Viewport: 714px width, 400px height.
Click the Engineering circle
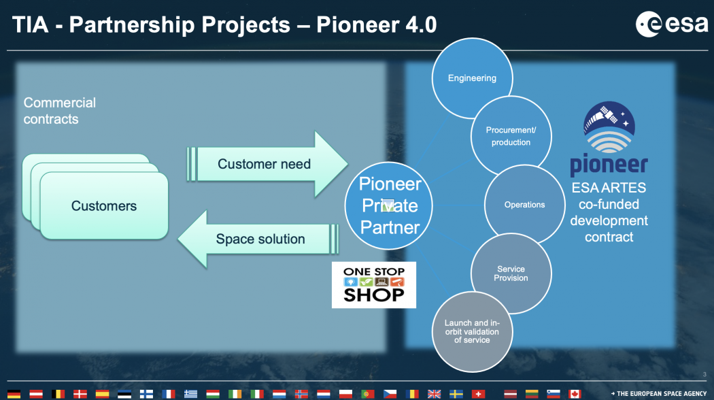pyautogui.click(x=472, y=78)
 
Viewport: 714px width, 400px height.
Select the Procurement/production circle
pyautogui.click(x=511, y=136)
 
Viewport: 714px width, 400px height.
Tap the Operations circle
pyautogui.click(x=524, y=205)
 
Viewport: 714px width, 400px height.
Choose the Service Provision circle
pyautogui.click(x=511, y=273)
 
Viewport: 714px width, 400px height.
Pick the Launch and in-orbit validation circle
pyautogui.click(x=472, y=332)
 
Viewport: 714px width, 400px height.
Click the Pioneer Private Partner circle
pyautogui.click(x=388, y=205)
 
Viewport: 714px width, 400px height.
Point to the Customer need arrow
pyautogui.click(x=267, y=165)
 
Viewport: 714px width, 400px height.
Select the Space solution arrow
pyautogui.click(x=258, y=239)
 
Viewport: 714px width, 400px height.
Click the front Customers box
pyautogui.click(x=104, y=206)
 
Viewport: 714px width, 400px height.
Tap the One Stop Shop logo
pyautogui.click(x=374, y=285)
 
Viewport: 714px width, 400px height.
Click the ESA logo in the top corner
pyautogui.click(x=672, y=24)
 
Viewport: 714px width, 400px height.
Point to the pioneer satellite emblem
pyautogui.click(x=609, y=127)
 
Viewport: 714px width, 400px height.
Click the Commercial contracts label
pyautogui.click(x=60, y=111)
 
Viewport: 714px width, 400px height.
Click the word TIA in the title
pyautogui.click(x=30, y=24)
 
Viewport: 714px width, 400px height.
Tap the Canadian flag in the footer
pyautogui.click(x=575, y=394)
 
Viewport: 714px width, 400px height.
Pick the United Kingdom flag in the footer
pyautogui.click(x=434, y=394)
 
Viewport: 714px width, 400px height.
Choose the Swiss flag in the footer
pyautogui.click(x=478, y=394)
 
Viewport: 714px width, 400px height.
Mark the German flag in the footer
pyautogui.click(x=14, y=394)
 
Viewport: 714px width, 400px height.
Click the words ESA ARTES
pyautogui.click(x=609, y=188)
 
